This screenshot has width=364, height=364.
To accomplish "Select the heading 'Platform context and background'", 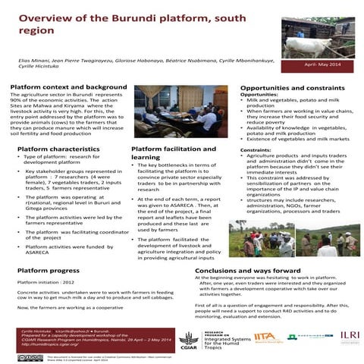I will click(x=64, y=88).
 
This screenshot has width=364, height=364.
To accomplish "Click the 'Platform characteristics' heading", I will click(x=58, y=149).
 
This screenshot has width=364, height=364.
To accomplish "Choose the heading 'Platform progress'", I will click(x=49, y=270).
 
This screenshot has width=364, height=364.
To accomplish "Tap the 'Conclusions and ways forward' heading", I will click(x=248, y=270).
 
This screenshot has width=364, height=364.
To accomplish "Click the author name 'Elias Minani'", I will click(x=33, y=59).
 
